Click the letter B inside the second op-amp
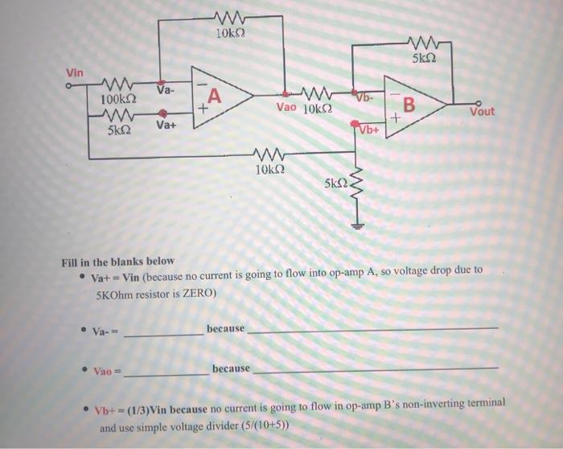point(409,105)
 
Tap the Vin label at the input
point(74,73)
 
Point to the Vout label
point(483,112)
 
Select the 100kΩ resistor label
point(117,99)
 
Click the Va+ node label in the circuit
point(166,126)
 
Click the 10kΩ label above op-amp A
point(231,35)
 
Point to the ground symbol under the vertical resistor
point(356,226)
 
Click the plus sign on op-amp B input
point(394,119)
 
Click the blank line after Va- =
point(164,333)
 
